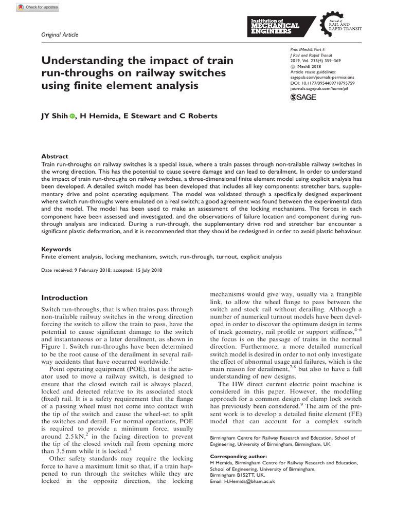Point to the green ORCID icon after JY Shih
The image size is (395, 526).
72,116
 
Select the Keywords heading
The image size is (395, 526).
57,249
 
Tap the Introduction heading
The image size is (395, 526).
64,298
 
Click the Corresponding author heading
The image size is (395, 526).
239,456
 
